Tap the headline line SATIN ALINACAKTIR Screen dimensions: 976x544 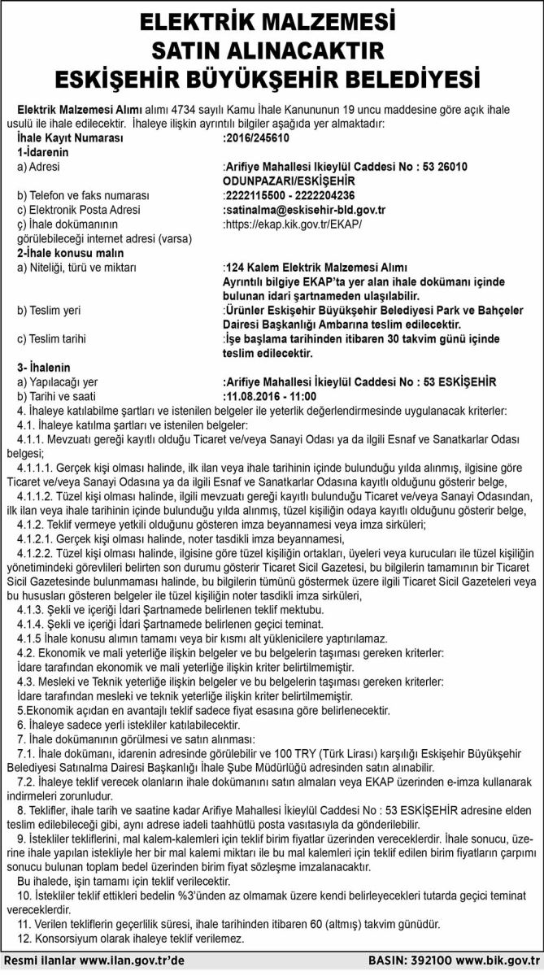coord(272,50)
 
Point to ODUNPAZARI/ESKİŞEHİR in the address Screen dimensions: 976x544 coord(279,181)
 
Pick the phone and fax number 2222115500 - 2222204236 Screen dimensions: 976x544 coord(288,195)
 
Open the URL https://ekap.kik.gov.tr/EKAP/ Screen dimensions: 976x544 coord(291,224)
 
